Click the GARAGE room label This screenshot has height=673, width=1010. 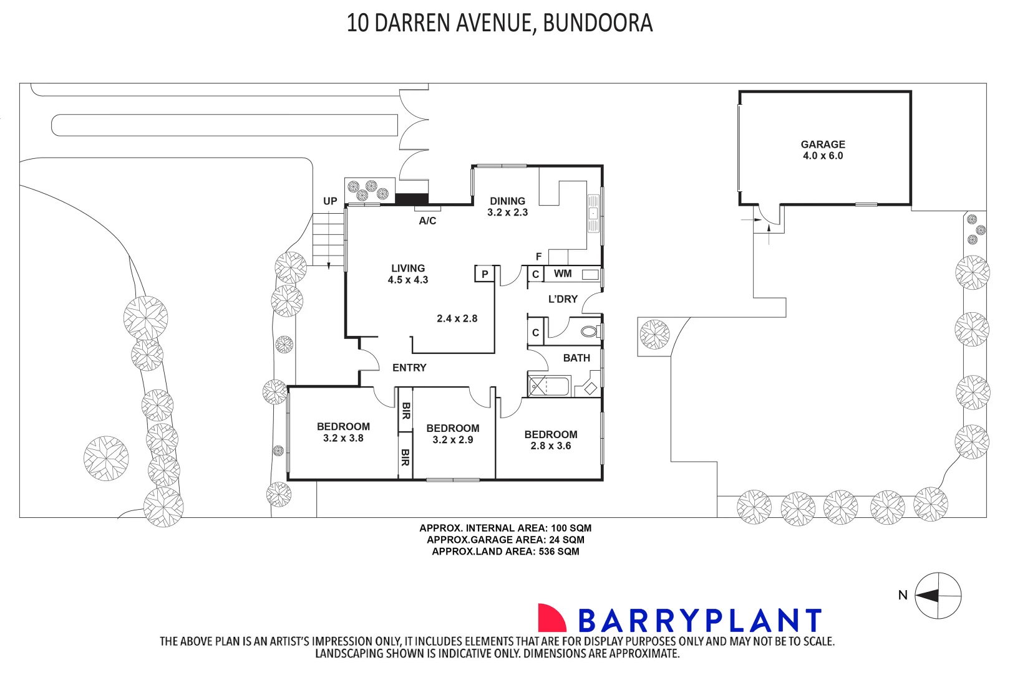822,144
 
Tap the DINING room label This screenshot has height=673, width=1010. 507,201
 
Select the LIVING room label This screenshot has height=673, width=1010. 408,268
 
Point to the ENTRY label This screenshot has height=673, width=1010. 409,368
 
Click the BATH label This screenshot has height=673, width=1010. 576,358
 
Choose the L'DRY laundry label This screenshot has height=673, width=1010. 563,299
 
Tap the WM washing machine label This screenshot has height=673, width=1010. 563,274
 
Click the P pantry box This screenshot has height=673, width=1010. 485,274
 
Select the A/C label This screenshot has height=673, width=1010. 427,221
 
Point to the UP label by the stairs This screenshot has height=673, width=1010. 330,201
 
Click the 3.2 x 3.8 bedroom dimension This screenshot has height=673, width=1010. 343,438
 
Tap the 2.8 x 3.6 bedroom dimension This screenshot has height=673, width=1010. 551,446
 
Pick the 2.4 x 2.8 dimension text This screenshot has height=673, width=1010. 457,318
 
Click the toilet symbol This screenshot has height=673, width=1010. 589,332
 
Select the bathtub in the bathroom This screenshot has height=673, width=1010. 549,386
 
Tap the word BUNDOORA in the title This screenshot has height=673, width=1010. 598,23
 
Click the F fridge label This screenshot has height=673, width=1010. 539,257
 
